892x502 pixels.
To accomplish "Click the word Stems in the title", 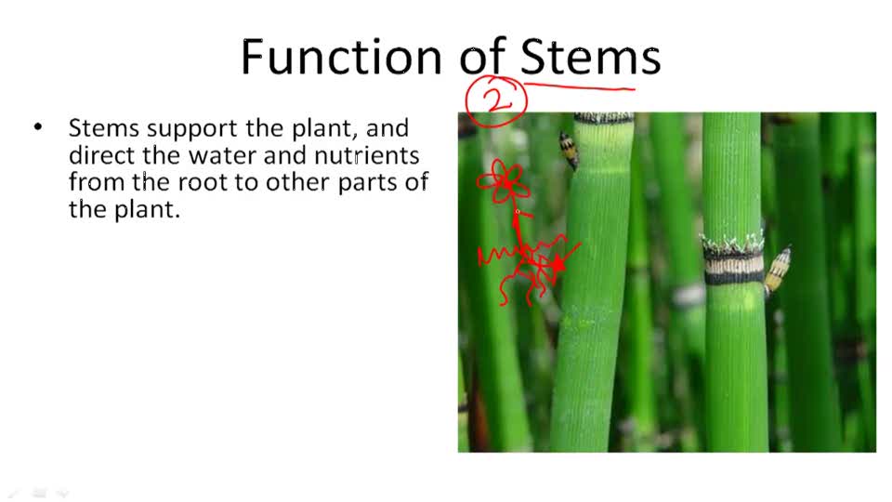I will pos(590,58).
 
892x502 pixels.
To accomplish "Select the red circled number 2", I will pos(497,99).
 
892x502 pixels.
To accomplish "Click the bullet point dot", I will pos(38,126).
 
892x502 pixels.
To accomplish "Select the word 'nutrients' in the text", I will pos(365,155).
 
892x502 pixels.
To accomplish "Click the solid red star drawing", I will pos(556,265).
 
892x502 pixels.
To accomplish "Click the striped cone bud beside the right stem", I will pos(778,270).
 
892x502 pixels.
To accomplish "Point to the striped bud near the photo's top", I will pos(568,149).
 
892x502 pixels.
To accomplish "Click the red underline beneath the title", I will pos(581,88).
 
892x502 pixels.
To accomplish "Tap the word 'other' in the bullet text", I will pos(293,182).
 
